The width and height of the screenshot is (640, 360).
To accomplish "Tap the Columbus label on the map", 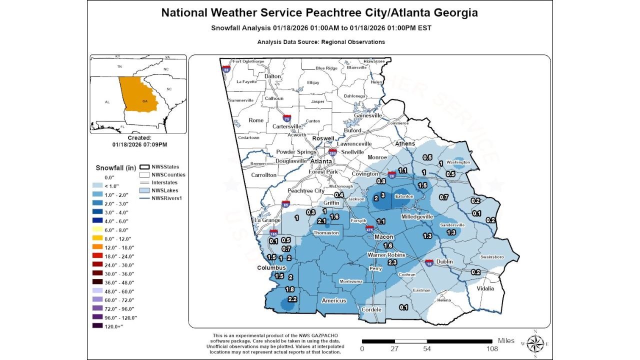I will (271, 267).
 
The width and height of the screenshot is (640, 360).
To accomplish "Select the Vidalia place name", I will (485, 288).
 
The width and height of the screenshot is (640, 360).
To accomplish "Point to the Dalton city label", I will (272, 76).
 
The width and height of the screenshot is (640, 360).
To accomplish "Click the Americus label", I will (334, 300).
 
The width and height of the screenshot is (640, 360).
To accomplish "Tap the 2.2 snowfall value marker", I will (292, 299).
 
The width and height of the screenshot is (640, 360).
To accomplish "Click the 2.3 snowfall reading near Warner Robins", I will (392, 262).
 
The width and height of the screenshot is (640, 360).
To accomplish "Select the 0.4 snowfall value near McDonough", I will (339, 195).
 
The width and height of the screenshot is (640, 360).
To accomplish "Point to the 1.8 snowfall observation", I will (289, 289).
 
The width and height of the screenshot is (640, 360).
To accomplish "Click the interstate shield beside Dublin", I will (429, 262).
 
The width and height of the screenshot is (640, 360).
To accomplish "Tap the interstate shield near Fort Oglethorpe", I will (226, 69).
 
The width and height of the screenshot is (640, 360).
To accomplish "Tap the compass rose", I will (535, 343).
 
